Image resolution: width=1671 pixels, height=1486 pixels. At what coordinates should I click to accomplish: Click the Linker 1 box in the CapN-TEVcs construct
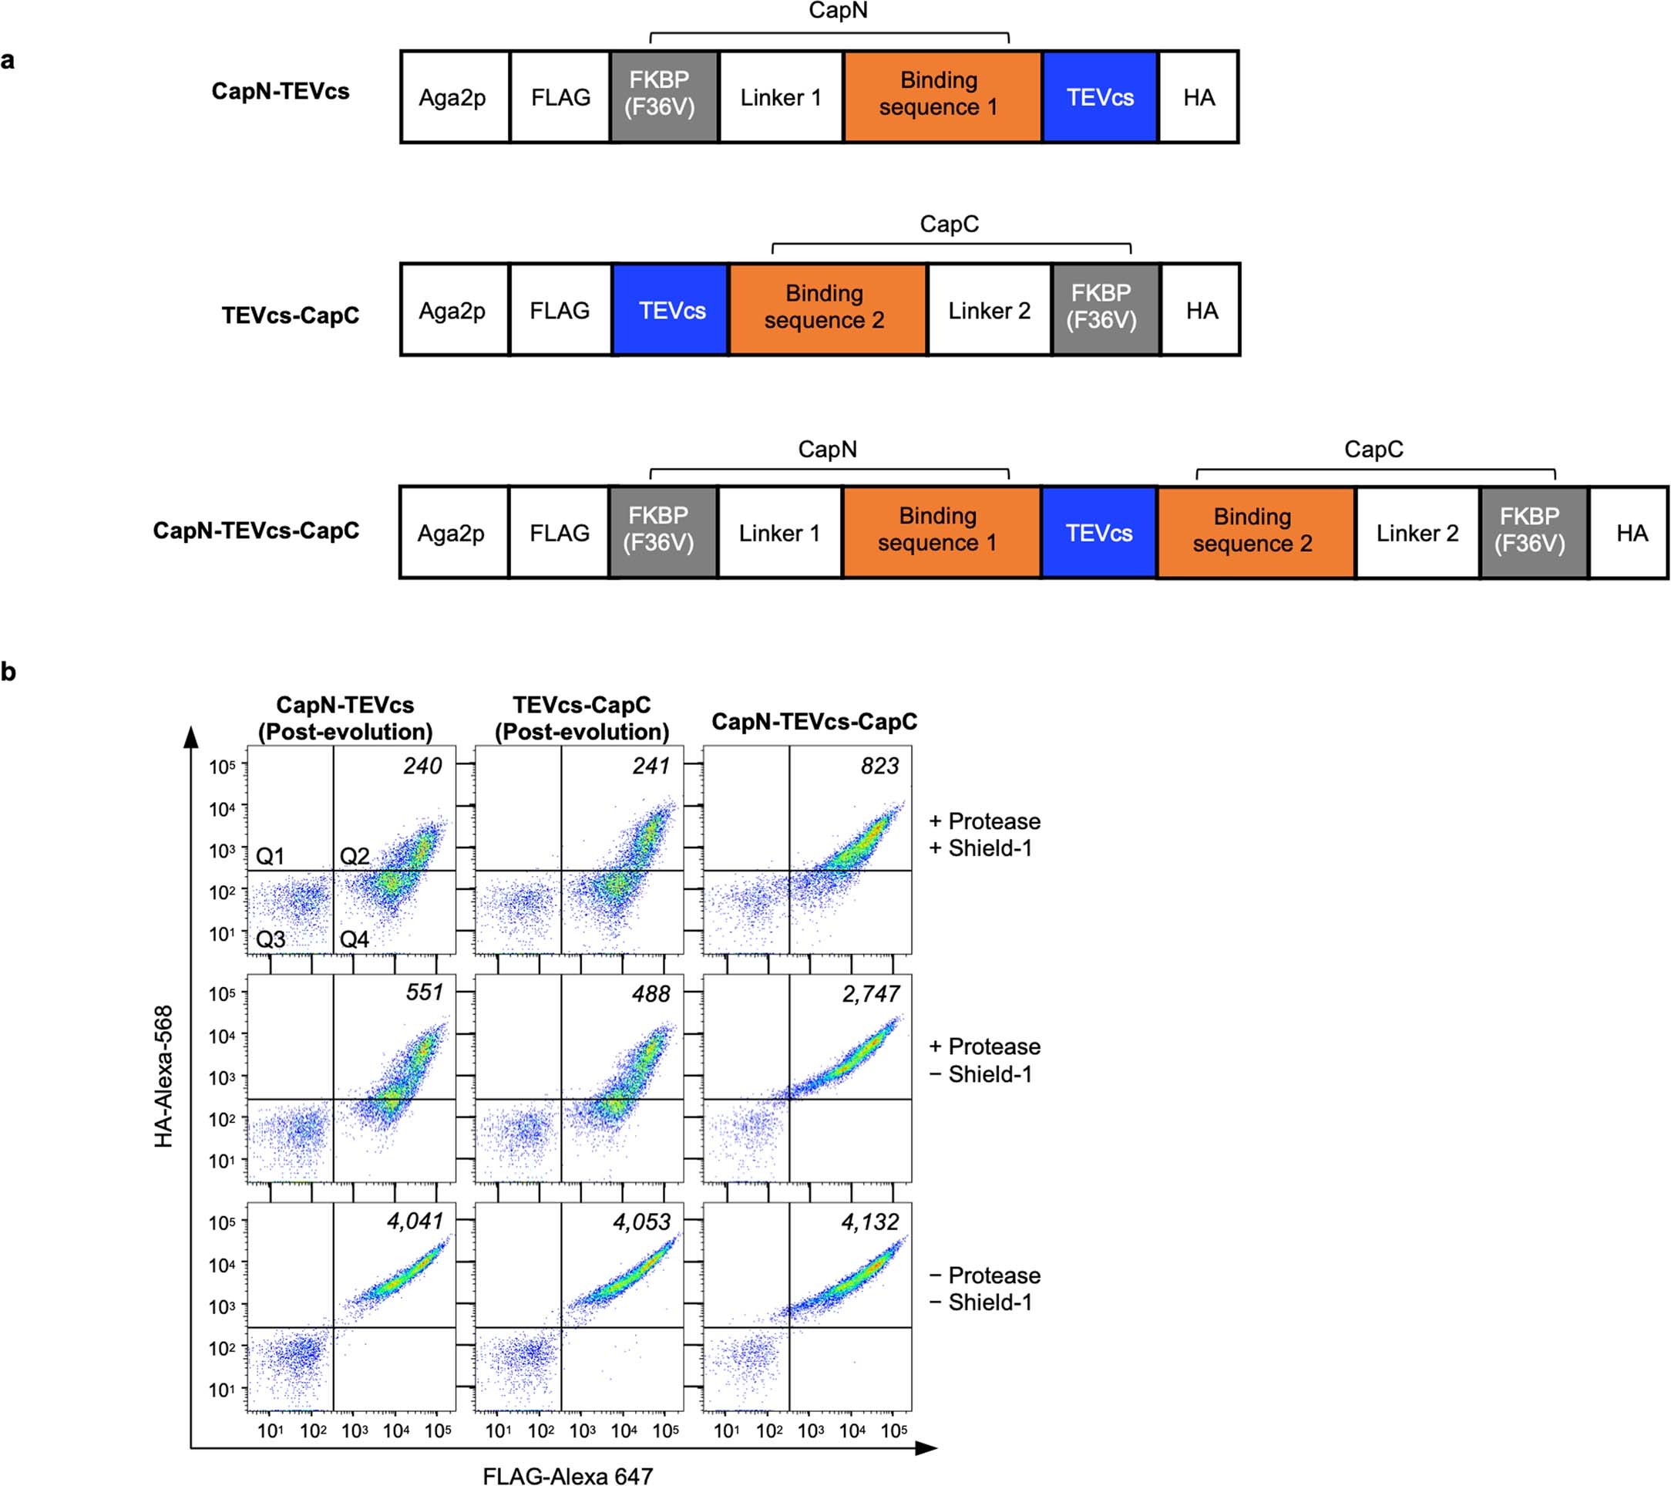(781, 97)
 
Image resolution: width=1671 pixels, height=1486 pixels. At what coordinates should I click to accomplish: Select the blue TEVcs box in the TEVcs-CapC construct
(671, 310)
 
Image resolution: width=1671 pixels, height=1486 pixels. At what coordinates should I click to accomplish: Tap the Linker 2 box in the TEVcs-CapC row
(989, 310)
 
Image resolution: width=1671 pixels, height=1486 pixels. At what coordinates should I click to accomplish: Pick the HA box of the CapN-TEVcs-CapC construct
(1632, 532)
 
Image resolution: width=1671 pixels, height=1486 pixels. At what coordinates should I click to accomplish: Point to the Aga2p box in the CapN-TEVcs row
(452, 97)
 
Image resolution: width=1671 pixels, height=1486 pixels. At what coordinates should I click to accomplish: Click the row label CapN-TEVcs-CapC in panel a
(256, 530)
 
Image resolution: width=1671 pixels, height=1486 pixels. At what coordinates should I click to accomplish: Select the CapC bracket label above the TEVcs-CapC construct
(948, 224)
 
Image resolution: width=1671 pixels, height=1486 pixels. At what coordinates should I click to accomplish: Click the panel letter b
(9, 672)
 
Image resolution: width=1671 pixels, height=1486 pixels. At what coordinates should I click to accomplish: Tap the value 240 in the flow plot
(422, 766)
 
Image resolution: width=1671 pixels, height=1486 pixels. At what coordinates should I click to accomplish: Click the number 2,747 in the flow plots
(871, 994)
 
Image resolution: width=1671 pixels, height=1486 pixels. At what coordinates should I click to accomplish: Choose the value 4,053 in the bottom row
(642, 1221)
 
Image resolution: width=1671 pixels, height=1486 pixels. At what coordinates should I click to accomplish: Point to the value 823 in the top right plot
(879, 766)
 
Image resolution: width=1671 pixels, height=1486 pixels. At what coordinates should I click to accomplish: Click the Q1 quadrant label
(270, 856)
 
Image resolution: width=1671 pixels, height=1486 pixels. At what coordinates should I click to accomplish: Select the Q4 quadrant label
(354, 938)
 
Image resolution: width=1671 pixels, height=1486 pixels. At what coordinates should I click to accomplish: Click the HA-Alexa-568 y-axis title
(163, 1076)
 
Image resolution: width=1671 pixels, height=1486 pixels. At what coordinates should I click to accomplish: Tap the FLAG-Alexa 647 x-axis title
(567, 1475)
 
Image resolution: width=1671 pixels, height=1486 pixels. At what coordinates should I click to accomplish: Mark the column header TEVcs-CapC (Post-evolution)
(581, 718)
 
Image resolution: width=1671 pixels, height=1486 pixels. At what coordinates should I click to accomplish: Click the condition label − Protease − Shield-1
(984, 1288)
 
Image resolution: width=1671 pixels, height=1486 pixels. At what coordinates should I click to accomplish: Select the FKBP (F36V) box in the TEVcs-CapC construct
(1101, 307)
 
